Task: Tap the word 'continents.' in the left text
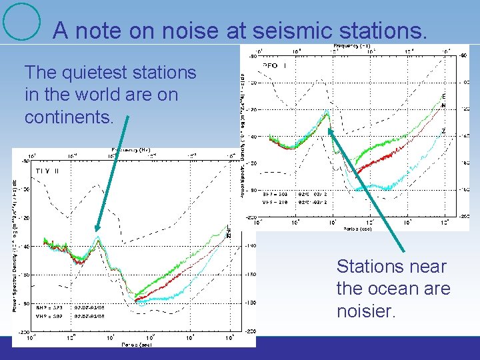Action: (69, 117)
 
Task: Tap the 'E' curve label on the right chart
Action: (443, 96)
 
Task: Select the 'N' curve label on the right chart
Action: (443, 105)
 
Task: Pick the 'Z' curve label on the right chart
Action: (443, 131)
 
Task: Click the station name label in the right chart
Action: (274, 66)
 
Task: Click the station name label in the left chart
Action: (47, 171)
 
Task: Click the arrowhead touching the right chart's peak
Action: (330, 131)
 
